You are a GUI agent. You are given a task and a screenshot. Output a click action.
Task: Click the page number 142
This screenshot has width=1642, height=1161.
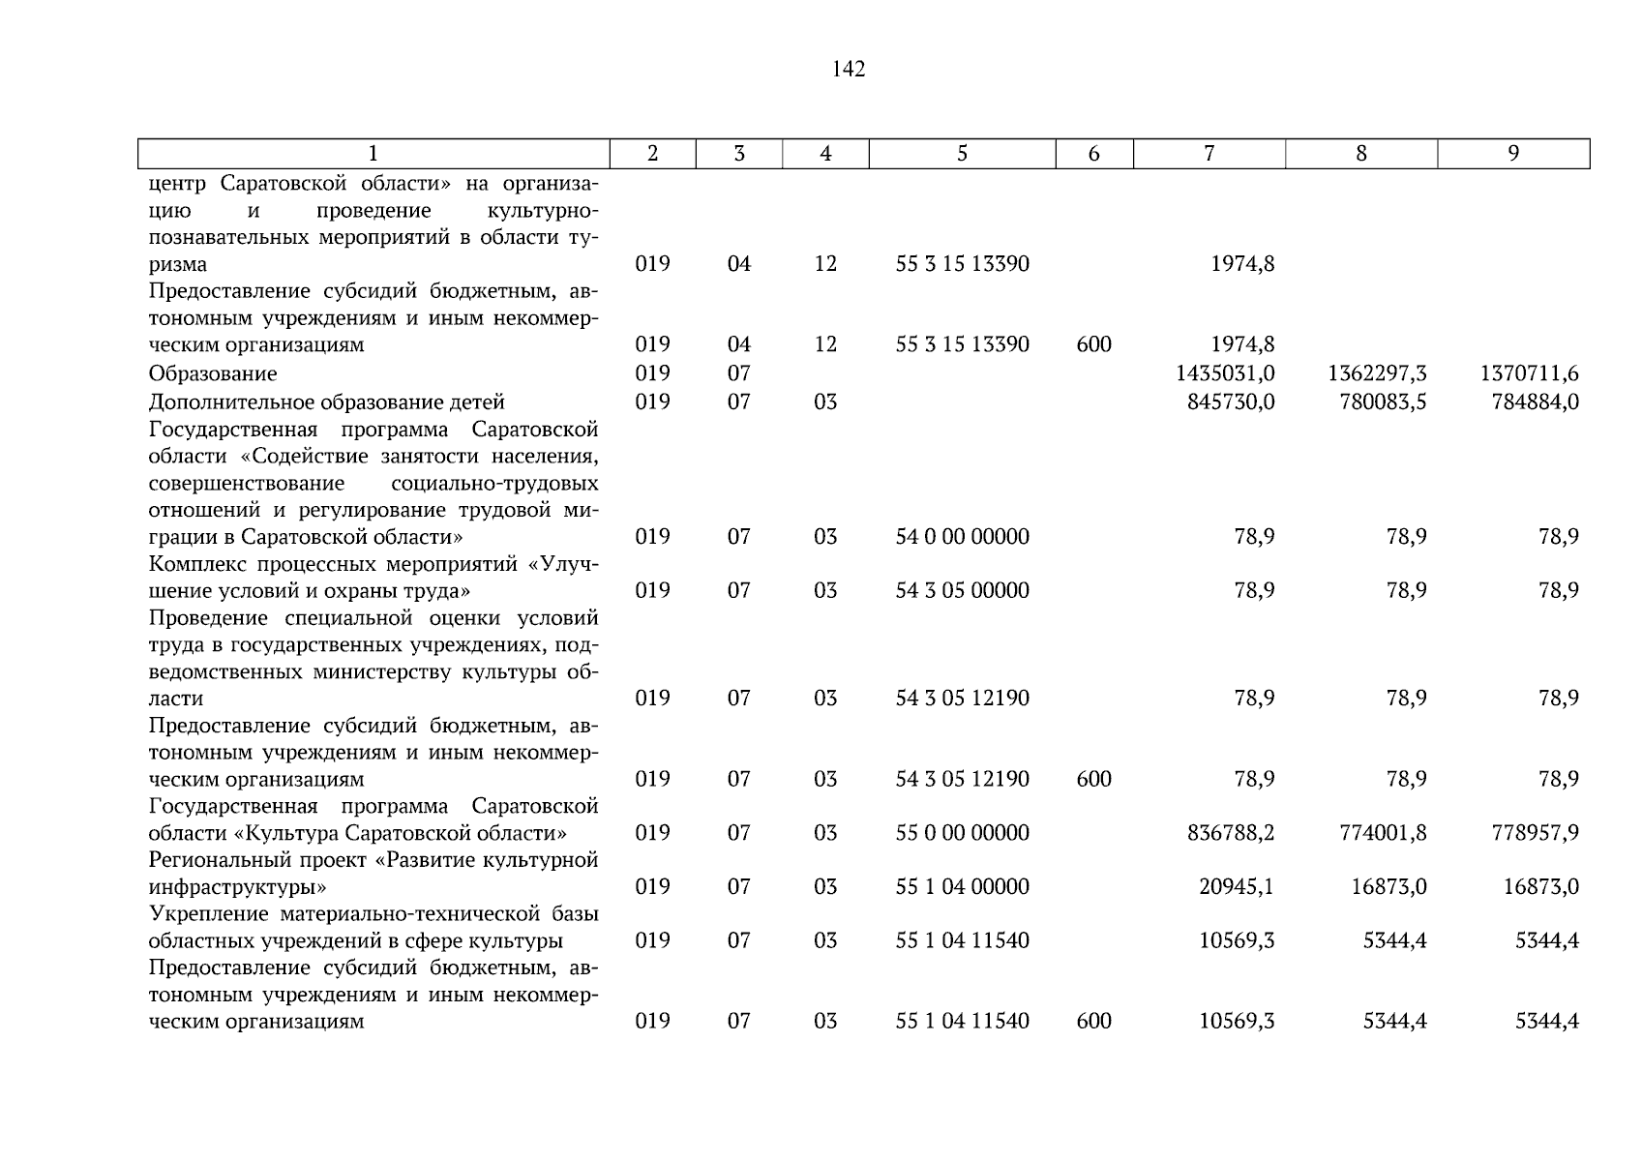tap(848, 69)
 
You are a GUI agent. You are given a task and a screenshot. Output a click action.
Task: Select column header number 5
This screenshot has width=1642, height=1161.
tap(962, 153)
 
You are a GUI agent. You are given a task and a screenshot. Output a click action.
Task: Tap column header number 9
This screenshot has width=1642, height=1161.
tap(1513, 153)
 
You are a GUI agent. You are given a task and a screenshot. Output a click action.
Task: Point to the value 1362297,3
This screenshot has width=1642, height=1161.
tap(1377, 373)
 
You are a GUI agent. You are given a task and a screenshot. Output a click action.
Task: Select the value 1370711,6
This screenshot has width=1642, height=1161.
tap(1530, 373)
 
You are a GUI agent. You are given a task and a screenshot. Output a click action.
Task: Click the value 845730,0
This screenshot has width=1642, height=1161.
tap(1231, 402)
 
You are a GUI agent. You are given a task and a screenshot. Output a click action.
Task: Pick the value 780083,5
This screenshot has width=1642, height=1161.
tap(1383, 402)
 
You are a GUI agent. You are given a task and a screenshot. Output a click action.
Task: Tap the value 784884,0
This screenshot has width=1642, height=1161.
tap(1536, 402)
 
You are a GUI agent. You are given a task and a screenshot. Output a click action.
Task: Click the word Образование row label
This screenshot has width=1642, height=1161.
tap(213, 373)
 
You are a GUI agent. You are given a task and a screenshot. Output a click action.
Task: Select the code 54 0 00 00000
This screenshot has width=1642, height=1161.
tap(962, 537)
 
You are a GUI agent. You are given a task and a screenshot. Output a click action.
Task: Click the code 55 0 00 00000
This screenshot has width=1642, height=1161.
tap(962, 833)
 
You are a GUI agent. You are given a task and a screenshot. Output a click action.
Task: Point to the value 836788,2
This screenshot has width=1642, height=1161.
tap(1231, 833)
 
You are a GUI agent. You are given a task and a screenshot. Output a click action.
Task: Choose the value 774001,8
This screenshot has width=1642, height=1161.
tap(1383, 833)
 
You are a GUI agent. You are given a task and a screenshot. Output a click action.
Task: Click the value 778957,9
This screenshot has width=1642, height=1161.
tap(1536, 833)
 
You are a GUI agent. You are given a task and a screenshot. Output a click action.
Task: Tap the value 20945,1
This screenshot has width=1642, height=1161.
tap(1237, 887)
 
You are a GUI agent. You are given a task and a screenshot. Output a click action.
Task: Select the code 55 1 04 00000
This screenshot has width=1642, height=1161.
tap(962, 887)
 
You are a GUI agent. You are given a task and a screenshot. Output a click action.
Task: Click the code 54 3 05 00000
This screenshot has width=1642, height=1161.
tap(962, 591)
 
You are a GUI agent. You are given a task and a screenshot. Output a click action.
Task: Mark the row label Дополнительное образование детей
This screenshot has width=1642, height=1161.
tap(327, 402)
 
